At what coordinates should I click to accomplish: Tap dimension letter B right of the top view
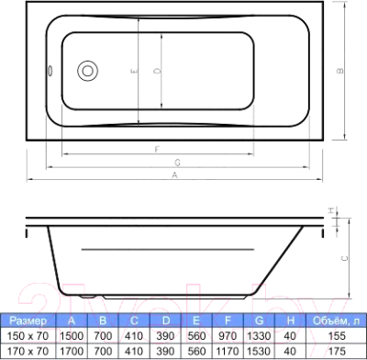[x=340, y=70]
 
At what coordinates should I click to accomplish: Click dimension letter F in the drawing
[x=158, y=148]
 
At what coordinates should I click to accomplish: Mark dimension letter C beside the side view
[x=344, y=260]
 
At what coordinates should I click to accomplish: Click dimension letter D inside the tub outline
[x=157, y=70]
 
